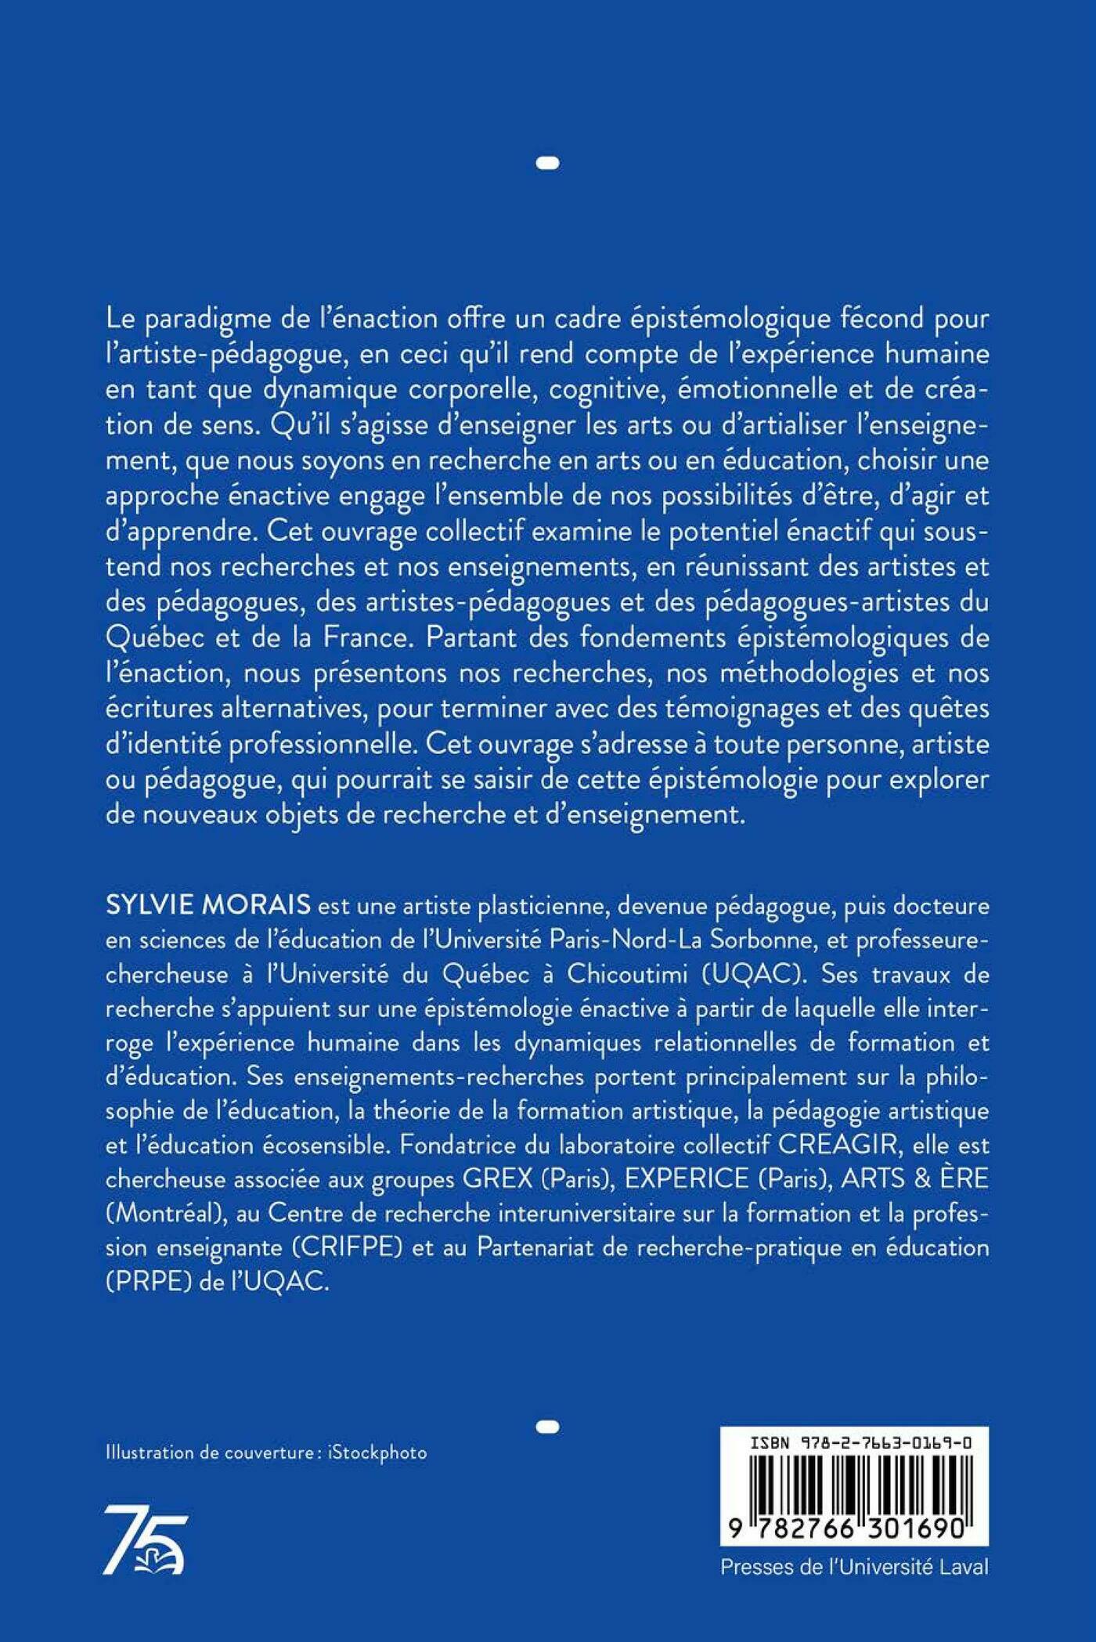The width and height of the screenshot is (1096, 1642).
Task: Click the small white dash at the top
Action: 548,164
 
